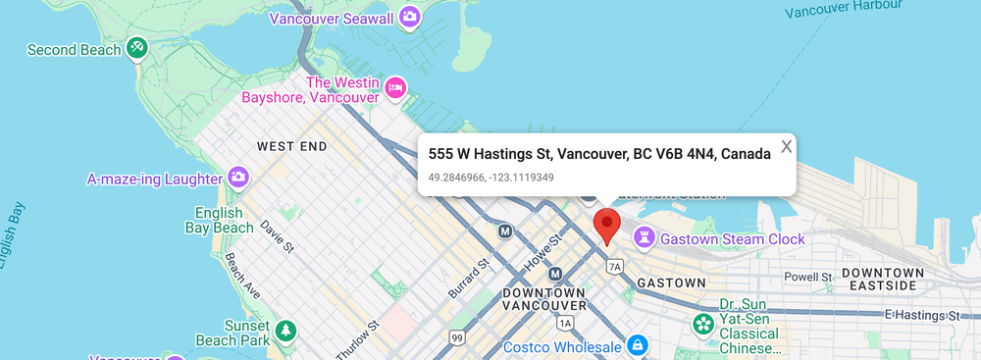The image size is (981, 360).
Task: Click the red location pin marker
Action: pyautogui.click(x=607, y=224)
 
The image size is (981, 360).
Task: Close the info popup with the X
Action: pyautogui.click(x=786, y=147)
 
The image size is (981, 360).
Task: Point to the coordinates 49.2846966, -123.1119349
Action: pyautogui.click(x=490, y=178)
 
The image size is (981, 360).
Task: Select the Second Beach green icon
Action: pyautogui.click(x=137, y=47)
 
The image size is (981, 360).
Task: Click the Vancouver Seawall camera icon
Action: pyautogui.click(x=410, y=17)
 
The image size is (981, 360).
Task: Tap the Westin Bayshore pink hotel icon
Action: pyautogui.click(x=395, y=87)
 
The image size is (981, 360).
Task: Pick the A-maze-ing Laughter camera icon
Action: pyautogui.click(x=237, y=178)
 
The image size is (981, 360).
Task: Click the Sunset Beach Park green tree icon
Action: pyautogui.click(x=285, y=332)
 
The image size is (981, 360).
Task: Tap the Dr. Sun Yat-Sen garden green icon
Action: pyautogui.click(x=703, y=323)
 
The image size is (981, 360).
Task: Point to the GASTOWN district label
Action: pyautogui.click(x=671, y=283)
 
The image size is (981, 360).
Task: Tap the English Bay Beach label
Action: pyautogui.click(x=219, y=221)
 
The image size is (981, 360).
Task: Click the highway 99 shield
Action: pyautogui.click(x=457, y=337)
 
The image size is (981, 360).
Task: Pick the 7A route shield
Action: pyautogui.click(x=615, y=266)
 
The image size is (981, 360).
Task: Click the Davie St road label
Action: pyautogui.click(x=278, y=236)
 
